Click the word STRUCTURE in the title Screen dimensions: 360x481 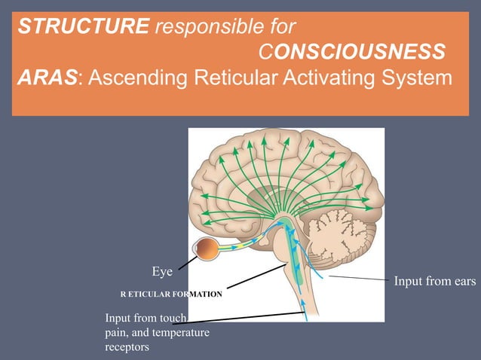83,28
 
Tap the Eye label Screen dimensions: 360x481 162,270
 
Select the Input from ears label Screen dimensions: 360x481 435,282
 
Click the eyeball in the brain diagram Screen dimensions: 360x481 207,249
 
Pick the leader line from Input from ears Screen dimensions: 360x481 358,279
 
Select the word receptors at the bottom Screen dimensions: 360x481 127,347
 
